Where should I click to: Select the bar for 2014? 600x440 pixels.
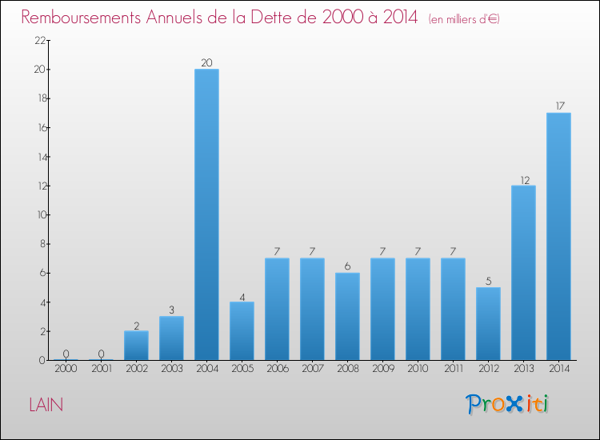(x=558, y=236)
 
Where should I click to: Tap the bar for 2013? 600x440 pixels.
(x=523, y=273)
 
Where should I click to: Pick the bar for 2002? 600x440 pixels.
(x=136, y=346)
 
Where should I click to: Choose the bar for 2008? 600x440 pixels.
(x=347, y=316)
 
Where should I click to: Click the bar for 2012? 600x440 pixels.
(x=488, y=323)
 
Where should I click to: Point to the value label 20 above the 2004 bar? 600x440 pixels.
(x=206, y=63)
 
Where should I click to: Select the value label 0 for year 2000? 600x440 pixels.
(x=66, y=354)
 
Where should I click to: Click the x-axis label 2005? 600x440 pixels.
(x=242, y=369)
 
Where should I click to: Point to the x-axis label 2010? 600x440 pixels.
(x=418, y=369)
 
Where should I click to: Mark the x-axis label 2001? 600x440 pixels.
(x=101, y=369)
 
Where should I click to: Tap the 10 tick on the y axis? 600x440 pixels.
(x=39, y=215)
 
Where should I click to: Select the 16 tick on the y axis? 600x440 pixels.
(x=39, y=128)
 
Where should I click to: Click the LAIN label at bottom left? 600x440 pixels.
(x=46, y=405)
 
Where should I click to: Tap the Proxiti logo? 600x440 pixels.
(x=507, y=404)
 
